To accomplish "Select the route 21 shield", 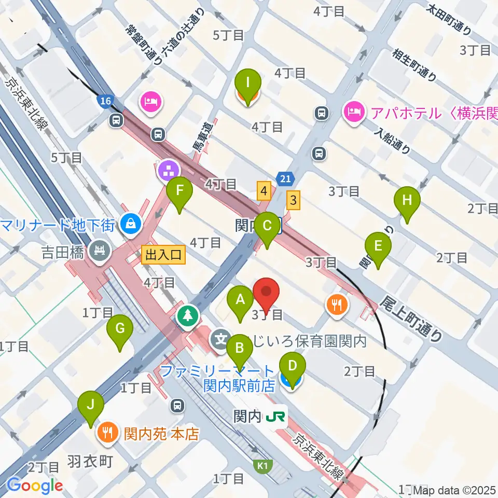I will point(285,177).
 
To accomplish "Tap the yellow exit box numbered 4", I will point(264,191).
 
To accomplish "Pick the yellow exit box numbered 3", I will point(294,200).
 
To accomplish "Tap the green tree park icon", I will point(187,314).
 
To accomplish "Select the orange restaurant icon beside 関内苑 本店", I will point(108,432).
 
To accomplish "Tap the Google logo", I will point(35,485).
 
